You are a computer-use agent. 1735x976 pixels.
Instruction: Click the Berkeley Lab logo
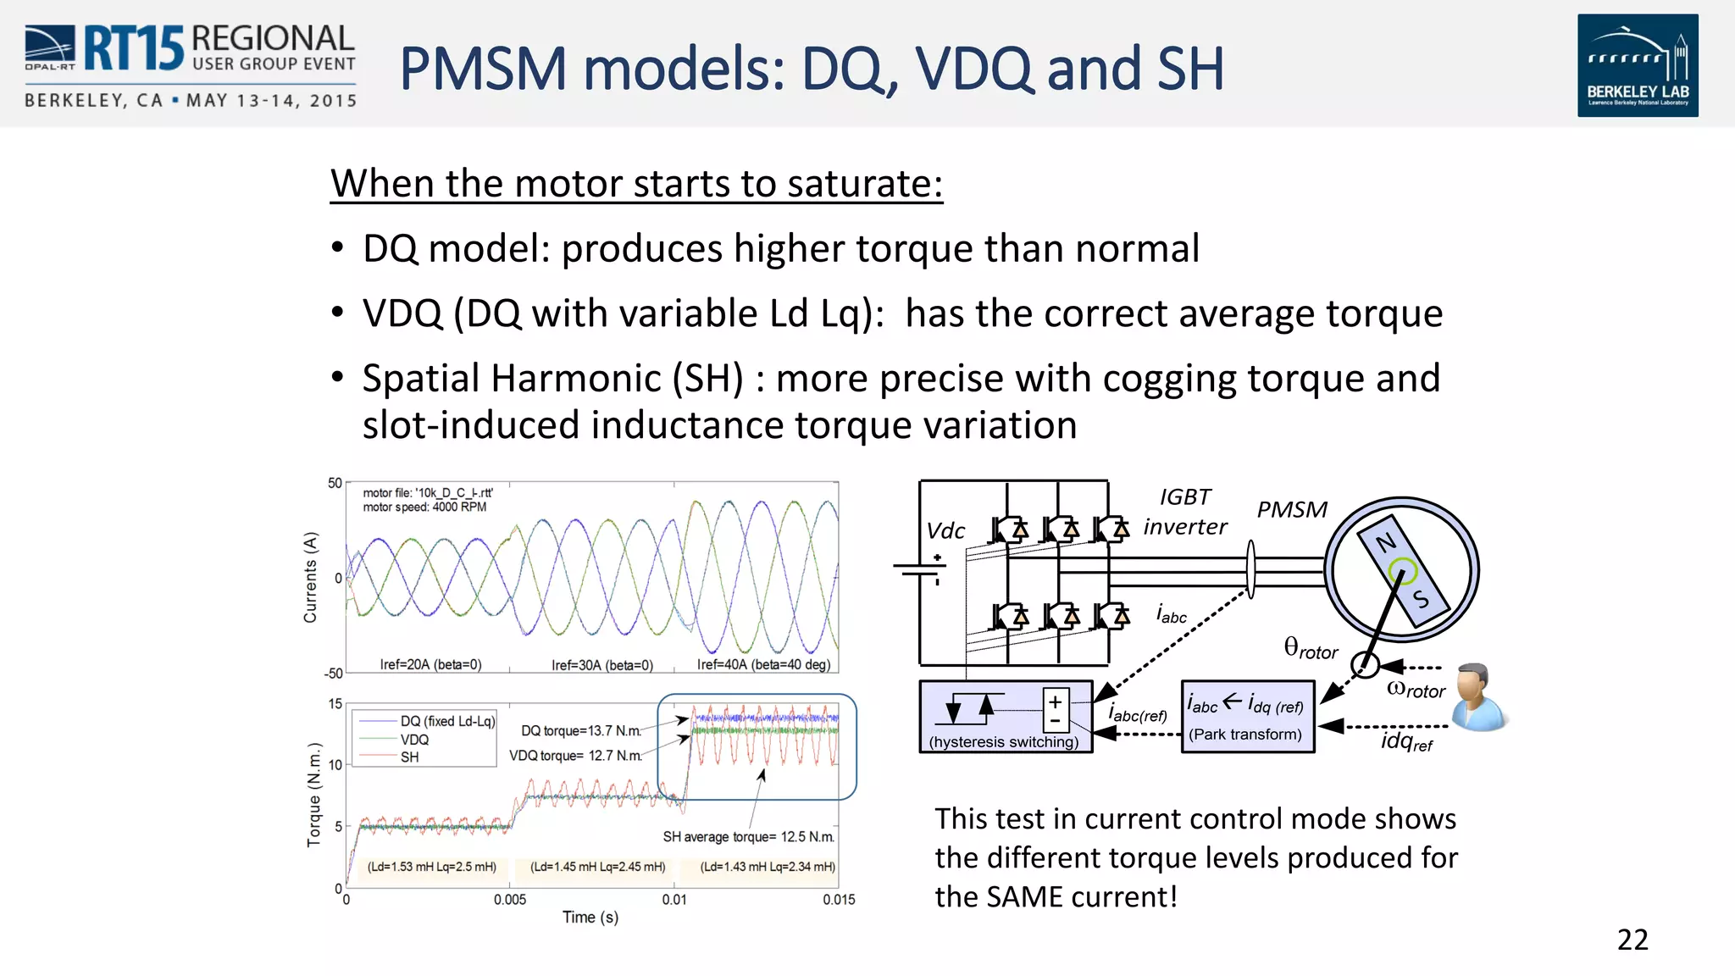1637,65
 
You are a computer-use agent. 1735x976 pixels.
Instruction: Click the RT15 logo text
133,48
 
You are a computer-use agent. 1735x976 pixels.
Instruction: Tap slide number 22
1632,940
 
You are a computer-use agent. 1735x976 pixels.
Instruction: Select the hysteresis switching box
1005,717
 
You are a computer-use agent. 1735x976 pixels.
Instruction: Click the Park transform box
1247,717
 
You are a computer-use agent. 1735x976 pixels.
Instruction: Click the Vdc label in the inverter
945,531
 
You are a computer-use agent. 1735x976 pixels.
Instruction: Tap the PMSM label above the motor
1291,509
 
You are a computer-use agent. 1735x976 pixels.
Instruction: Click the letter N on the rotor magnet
1385,542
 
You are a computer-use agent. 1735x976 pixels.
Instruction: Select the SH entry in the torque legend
409,757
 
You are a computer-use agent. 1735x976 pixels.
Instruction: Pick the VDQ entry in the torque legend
414,740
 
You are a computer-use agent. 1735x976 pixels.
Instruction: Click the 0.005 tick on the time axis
510,900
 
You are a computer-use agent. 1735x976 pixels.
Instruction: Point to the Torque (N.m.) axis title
314,795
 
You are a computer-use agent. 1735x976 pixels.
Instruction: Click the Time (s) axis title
590,918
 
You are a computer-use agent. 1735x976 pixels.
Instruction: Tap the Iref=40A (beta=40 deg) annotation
763,664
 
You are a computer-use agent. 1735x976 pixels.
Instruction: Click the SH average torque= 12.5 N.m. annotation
748,837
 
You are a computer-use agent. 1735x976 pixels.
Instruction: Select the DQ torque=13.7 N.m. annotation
580,730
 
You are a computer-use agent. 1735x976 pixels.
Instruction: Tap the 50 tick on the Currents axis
335,483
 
